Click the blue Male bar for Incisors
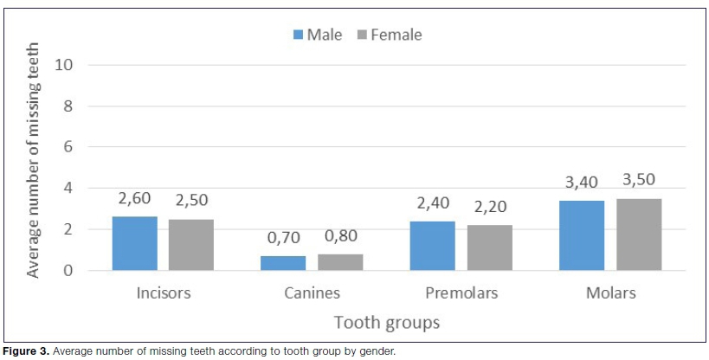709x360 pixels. [x=134, y=244]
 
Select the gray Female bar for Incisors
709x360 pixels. [x=190, y=245]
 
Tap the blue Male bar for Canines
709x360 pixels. [x=283, y=263]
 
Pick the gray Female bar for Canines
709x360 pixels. [x=340, y=262]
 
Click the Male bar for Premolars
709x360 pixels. [x=432, y=246]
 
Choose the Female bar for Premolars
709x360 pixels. [x=489, y=248]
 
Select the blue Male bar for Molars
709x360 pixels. [x=582, y=235]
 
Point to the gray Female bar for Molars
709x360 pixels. [x=639, y=235]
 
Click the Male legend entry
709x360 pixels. [x=318, y=35]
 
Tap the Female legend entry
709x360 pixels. [x=390, y=35]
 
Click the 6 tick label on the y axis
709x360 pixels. [x=68, y=147]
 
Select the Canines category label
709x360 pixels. [x=312, y=292]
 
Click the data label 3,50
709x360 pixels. [x=639, y=180]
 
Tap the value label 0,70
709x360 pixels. [x=283, y=237]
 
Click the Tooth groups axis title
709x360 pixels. [x=386, y=322]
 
